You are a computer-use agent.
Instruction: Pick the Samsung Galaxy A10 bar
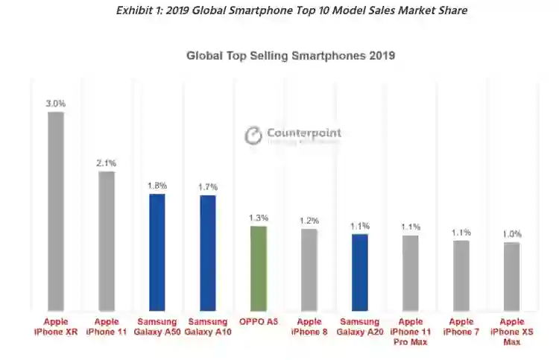coord(207,253)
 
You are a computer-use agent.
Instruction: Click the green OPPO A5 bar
coord(258,268)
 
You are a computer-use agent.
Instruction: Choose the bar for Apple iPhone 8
coord(309,270)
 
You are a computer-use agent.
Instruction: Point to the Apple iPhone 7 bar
coord(461,275)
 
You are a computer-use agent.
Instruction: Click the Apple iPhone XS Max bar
coord(511,277)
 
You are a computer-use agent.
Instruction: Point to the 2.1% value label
coord(107,162)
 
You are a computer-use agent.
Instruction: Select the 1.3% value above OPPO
coord(258,218)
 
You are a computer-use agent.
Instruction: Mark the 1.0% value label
coord(511,234)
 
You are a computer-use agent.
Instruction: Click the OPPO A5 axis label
coord(258,322)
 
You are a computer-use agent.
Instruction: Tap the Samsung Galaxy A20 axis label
coord(359,326)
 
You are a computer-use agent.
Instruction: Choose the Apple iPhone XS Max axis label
coord(511,331)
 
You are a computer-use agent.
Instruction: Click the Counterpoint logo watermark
coord(294,135)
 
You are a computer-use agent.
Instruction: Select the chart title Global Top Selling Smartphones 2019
coord(290,55)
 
